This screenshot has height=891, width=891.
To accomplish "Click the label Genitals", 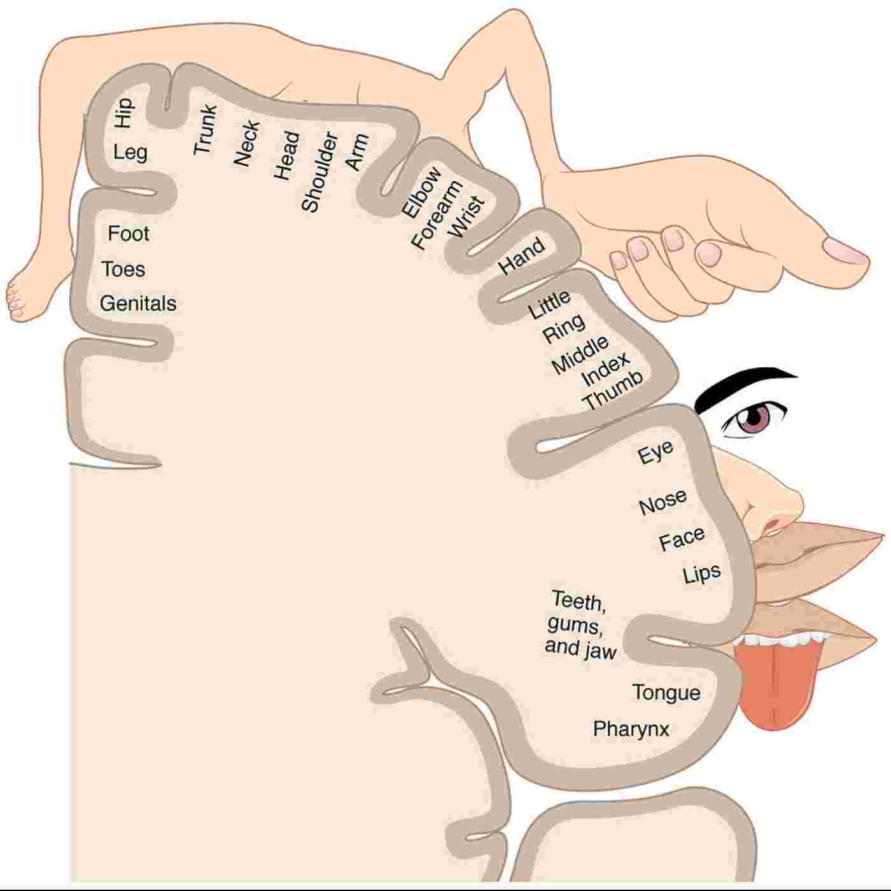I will click(138, 304).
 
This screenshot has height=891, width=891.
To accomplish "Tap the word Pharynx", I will click(631, 729).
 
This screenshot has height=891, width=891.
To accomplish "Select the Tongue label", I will click(666, 692).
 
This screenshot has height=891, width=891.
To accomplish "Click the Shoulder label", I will click(319, 171).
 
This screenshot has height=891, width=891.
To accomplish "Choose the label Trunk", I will click(205, 129).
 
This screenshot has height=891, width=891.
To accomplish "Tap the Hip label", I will click(123, 113).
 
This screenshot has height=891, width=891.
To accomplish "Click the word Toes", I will click(123, 269).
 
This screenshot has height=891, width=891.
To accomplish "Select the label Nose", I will click(663, 502).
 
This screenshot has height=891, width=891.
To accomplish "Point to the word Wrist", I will click(467, 217).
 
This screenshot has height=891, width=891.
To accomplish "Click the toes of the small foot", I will click(15, 302).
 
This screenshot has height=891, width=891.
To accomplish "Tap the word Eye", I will click(655, 453).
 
